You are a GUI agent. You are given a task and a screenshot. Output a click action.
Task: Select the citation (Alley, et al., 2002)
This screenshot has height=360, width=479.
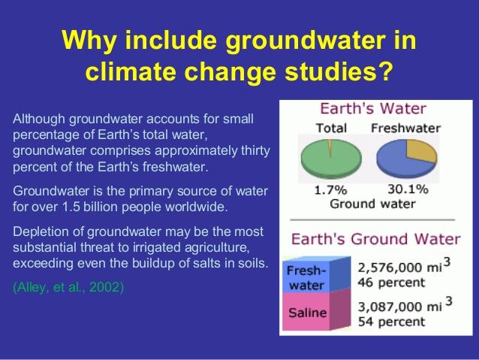pyautogui.click(x=68, y=287)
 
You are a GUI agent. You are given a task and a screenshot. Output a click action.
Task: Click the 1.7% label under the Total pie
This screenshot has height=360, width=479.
pyautogui.click(x=331, y=190)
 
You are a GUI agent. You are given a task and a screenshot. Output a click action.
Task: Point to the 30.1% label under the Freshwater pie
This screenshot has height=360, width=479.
pyautogui.click(x=408, y=189)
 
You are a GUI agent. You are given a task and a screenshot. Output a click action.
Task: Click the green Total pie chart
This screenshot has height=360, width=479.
pyautogui.click(x=331, y=159)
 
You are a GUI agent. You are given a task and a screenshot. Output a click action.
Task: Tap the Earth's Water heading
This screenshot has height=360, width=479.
pyautogui.click(x=372, y=108)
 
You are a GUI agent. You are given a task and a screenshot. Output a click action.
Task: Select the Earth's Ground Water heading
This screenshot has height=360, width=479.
pyautogui.click(x=375, y=239)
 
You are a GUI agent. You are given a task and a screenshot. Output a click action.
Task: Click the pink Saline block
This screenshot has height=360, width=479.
pyautogui.click(x=316, y=310)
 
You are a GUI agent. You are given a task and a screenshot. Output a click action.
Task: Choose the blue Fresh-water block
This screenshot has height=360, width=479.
pyautogui.click(x=316, y=274)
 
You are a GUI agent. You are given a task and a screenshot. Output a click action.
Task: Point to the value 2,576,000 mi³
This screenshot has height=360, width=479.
pyautogui.click(x=404, y=266)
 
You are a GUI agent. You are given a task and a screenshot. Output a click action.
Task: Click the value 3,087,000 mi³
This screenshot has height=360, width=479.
pyautogui.click(x=405, y=305)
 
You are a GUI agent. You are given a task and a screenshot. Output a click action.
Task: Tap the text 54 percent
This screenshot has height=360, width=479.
pyautogui.click(x=391, y=322)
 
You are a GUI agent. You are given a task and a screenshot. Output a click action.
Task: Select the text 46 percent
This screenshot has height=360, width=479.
pyautogui.click(x=391, y=283)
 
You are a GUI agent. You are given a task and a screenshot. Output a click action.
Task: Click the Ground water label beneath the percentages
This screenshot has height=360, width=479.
pyautogui.click(x=372, y=204)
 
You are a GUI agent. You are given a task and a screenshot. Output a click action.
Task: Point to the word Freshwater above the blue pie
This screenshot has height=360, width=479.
pyautogui.click(x=405, y=129)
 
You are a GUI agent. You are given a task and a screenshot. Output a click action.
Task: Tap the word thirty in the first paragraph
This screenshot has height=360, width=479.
pyautogui.click(x=255, y=151)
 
